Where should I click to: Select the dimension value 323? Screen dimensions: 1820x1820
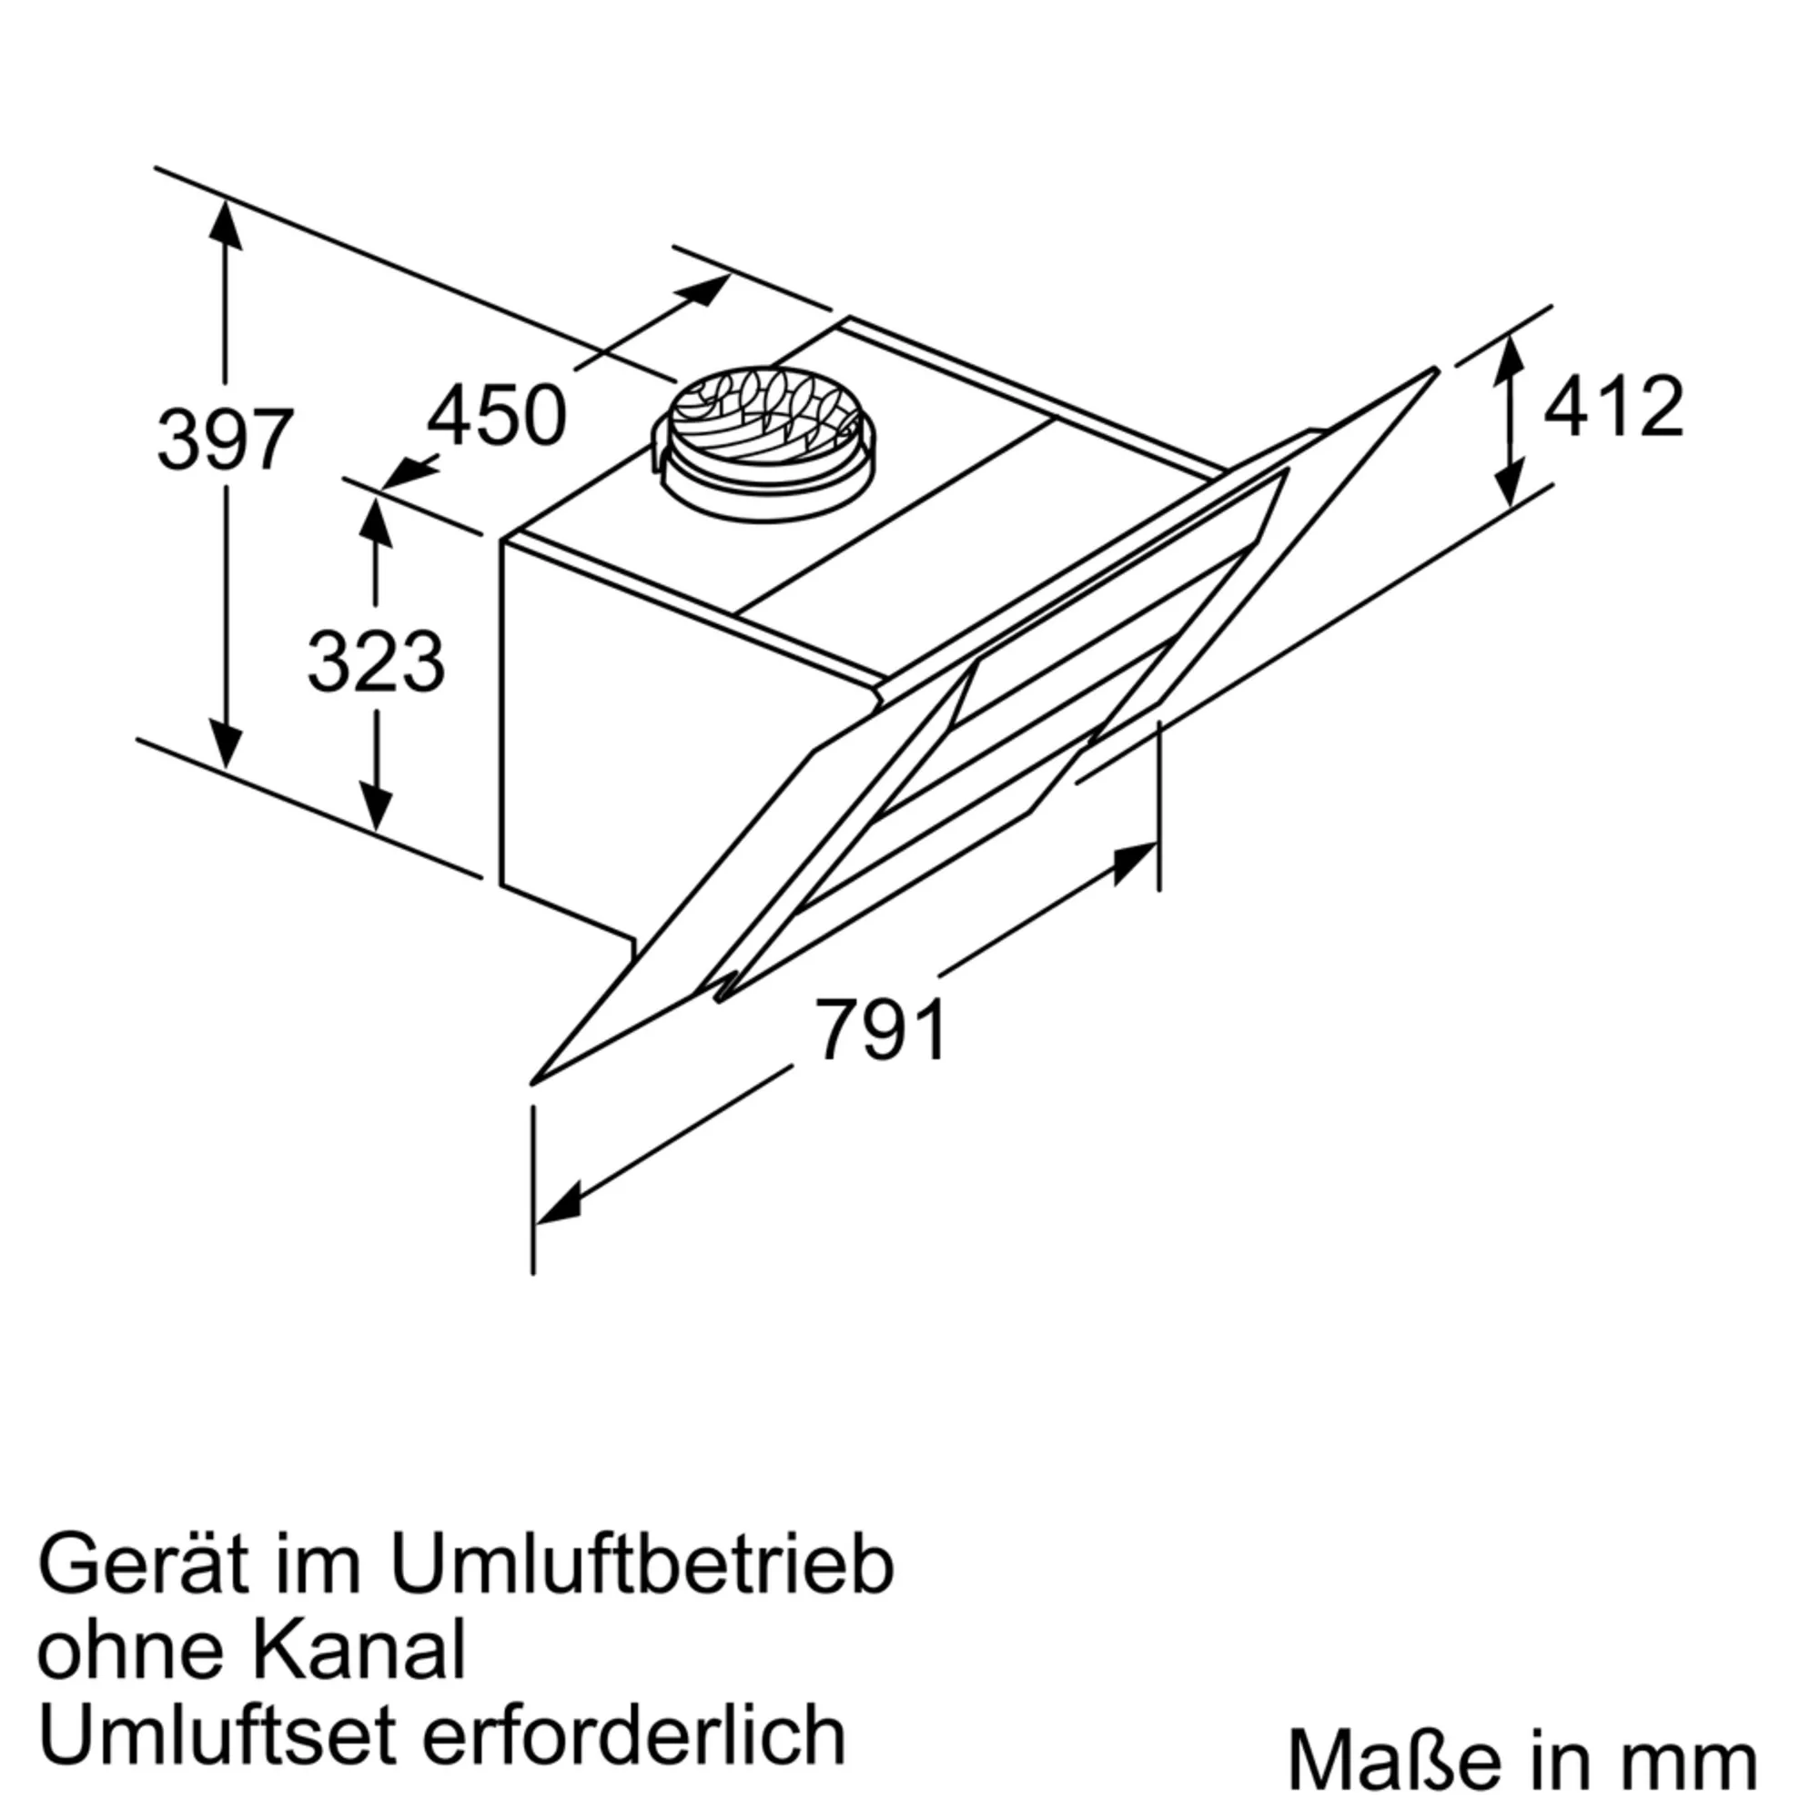tap(376, 662)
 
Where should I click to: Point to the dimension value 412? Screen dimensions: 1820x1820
tap(1613, 407)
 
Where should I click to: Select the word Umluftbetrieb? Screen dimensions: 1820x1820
tap(642, 1567)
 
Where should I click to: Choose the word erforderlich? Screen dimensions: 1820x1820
tap(634, 1735)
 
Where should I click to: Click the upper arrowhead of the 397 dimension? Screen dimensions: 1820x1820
tap(225, 224)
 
